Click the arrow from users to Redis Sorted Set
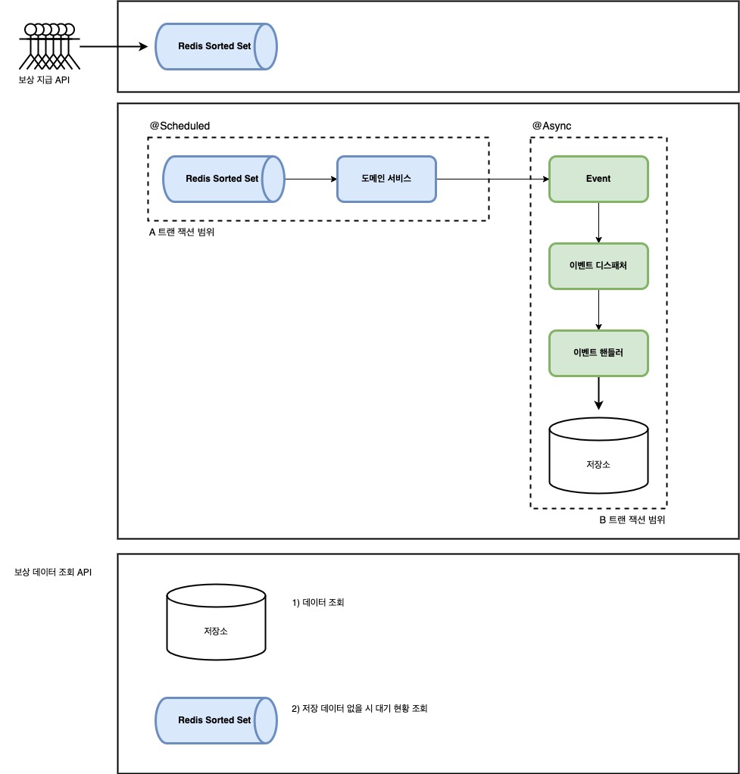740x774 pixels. tap(114, 47)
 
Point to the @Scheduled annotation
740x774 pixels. tap(180, 126)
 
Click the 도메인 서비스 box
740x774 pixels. tap(386, 179)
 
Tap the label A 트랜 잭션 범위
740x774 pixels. tap(182, 233)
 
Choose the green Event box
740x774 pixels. tap(598, 179)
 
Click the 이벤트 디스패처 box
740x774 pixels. tap(598, 266)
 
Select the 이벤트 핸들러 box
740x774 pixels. tap(598, 353)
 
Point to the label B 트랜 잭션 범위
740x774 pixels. tap(632, 520)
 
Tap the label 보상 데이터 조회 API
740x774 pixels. tap(53, 573)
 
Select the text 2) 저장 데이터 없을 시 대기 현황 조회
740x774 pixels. tap(359, 708)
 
